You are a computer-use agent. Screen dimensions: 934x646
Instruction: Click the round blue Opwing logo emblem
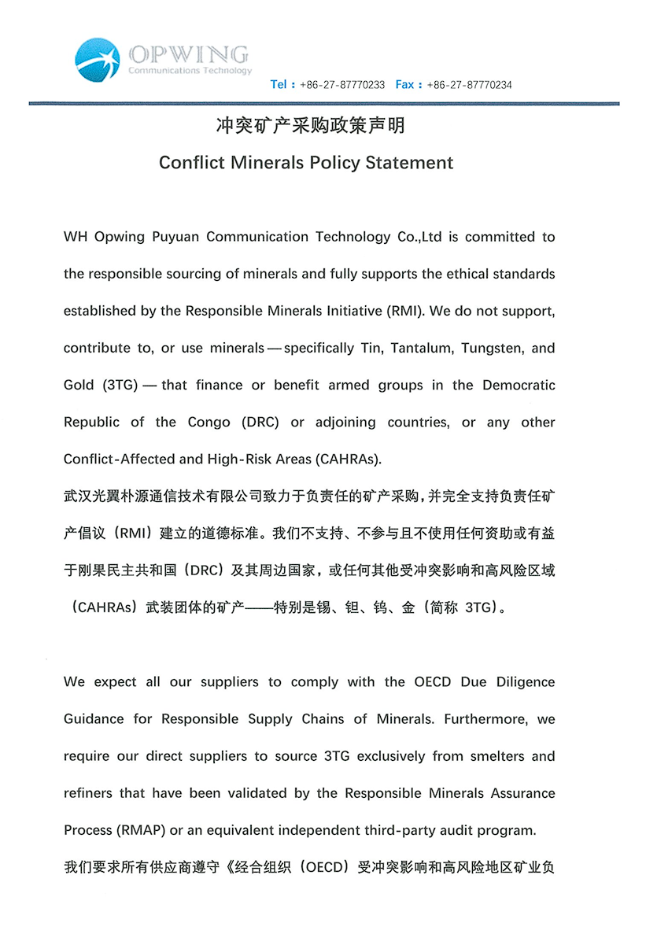tap(98, 59)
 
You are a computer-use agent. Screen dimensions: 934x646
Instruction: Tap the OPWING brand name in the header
tap(189, 54)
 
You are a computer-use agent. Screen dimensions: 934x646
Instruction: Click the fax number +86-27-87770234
tap(469, 85)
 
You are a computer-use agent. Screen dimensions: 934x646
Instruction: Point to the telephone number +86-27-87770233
tap(342, 85)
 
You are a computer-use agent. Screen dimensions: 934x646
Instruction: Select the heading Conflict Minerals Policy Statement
tap(306, 163)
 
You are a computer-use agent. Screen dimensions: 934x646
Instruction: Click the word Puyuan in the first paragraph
tap(179, 237)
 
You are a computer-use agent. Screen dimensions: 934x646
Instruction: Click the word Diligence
tap(525, 682)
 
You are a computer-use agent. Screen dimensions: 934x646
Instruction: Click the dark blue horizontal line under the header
tap(323, 104)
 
